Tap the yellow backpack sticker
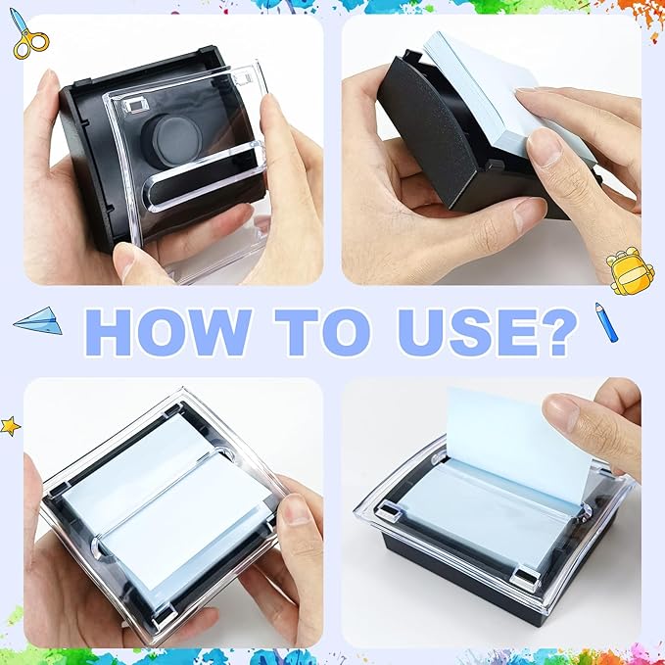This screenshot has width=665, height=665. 624,269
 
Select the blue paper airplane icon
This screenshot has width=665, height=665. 38,320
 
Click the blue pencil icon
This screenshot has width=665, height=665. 606,322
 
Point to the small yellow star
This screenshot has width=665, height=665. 10,426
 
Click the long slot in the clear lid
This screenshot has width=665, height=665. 204,174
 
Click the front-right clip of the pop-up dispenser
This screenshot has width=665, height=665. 525,578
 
